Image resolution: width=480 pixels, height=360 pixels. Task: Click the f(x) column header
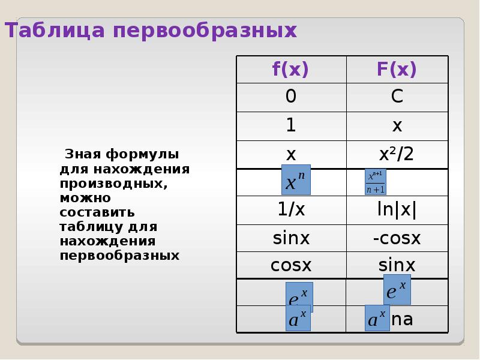click(290, 70)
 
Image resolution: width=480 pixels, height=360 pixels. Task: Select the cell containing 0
click(290, 97)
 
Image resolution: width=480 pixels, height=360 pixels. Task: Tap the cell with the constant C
click(397, 97)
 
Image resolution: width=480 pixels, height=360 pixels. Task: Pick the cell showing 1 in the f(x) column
click(290, 125)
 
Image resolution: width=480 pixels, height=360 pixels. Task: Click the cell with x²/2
click(397, 154)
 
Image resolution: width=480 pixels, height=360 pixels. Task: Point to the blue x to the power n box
click(296, 179)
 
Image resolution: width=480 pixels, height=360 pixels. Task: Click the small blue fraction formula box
click(376, 182)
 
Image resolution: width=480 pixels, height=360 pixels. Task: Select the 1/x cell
click(290, 210)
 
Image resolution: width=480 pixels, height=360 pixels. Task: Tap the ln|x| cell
click(397, 210)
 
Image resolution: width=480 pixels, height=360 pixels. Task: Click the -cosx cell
click(397, 238)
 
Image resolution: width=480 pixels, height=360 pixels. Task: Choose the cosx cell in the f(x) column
click(290, 265)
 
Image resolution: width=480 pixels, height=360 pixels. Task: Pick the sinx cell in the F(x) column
click(397, 265)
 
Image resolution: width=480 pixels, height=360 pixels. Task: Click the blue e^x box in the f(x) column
click(299, 296)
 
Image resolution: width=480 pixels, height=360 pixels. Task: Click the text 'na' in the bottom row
click(402, 319)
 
